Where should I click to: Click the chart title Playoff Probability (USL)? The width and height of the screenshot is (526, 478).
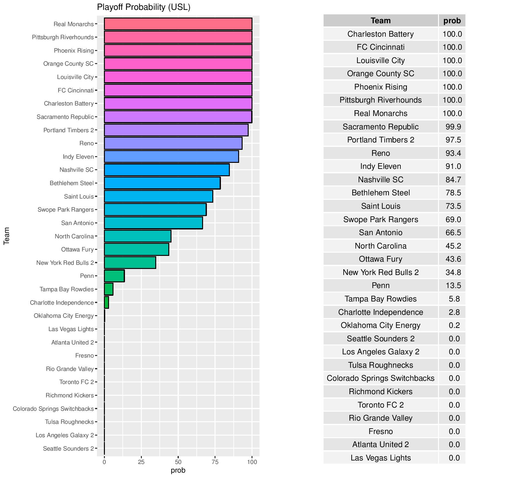coord(143,7)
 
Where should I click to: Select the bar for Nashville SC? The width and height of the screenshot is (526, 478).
coord(167,170)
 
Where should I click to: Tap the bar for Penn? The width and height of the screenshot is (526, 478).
coord(114,276)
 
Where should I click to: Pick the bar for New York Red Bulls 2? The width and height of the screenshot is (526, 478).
coord(130,263)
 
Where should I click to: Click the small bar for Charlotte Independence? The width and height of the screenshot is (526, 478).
coord(106,302)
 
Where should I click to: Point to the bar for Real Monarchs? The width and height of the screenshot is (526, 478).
coord(178,24)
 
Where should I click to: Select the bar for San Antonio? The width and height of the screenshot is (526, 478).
coord(153,223)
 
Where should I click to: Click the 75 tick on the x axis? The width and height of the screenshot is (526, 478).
coord(215,462)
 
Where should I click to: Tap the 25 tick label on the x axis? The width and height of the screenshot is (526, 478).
coord(141,462)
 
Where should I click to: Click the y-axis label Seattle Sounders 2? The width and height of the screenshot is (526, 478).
coord(68,449)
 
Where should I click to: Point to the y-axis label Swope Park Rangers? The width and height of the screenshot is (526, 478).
coord(66,210)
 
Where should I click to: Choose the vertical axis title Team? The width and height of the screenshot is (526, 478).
coord(6,236)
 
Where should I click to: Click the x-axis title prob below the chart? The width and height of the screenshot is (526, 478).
coord(178,470)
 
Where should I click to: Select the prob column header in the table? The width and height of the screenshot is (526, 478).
coord(452,21)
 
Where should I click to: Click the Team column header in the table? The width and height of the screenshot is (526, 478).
coord(381,21)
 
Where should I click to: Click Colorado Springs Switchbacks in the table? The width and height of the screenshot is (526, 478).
coord(381,378)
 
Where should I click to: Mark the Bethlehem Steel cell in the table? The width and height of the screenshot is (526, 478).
coord(381,193)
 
